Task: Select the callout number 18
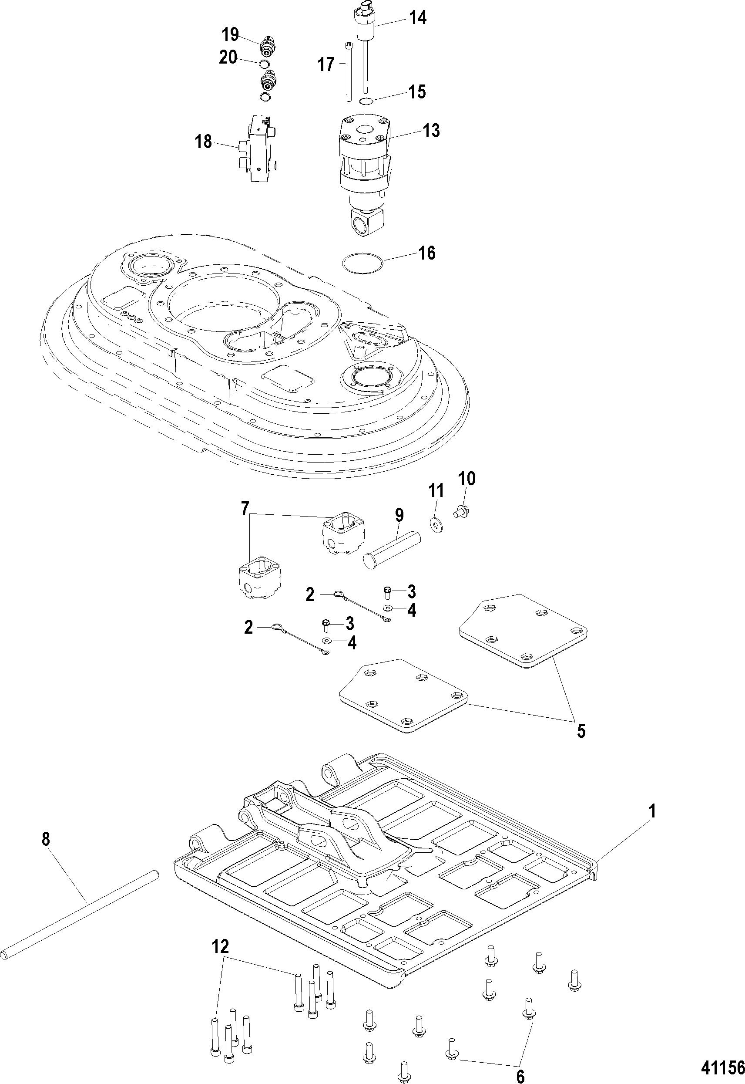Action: (203, 141)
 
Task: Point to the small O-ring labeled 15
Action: (366, 101)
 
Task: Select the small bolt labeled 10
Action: (462, 513)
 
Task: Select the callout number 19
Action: (230, 34)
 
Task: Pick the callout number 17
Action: (327, 64)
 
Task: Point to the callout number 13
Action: (431, 131)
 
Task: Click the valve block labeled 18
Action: (257, 149)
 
